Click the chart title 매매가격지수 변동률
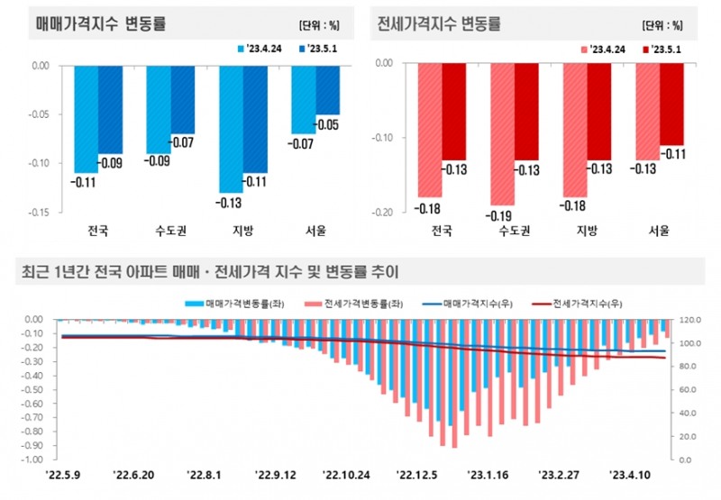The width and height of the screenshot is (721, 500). [100, 21]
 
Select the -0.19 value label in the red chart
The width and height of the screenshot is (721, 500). [501, 216]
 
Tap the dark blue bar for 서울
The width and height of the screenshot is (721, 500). [327, 89]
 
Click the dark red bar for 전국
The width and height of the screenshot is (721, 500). [453, 111]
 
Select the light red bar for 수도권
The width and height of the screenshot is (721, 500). [501, 133]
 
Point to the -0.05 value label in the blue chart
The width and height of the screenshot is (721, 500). [327, 124]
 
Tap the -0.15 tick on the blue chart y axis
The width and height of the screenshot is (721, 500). [39, 213]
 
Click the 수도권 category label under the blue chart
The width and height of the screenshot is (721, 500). [171, 231]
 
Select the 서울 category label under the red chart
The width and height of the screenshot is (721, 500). [660, 231]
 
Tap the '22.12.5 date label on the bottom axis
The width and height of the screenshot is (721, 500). [419, 473]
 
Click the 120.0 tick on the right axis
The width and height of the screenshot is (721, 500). [689, 319]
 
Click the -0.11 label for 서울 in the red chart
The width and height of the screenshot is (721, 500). [671, 154]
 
